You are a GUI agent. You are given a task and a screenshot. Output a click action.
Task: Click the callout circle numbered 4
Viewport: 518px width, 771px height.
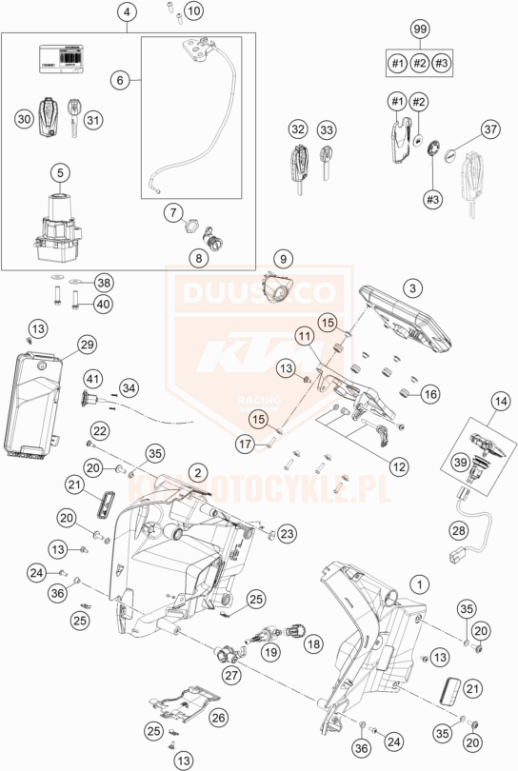[x=129, y=12]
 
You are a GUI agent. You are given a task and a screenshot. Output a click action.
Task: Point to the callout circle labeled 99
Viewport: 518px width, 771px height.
[x=419, y=32]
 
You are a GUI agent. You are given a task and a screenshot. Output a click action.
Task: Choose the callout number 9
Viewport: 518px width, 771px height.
[x=283, y=258]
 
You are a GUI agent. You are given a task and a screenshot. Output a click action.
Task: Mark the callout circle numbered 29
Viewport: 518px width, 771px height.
[x=88, y=344]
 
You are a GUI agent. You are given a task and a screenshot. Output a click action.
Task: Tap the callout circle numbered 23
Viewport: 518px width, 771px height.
[x=287, y=532]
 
